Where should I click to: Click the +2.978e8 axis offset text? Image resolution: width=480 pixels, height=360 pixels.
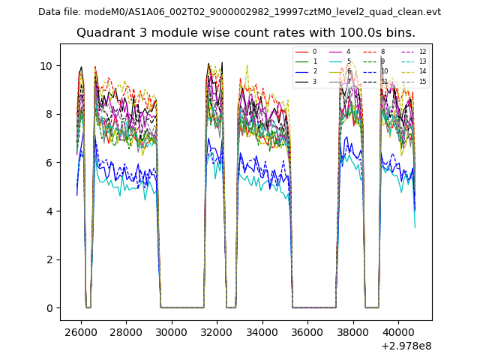pos(406,346)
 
